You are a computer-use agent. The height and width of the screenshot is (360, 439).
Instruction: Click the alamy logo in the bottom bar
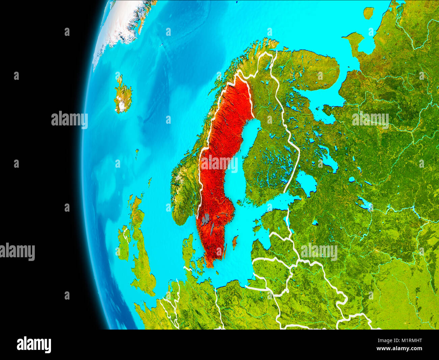[x=34, y=345]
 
